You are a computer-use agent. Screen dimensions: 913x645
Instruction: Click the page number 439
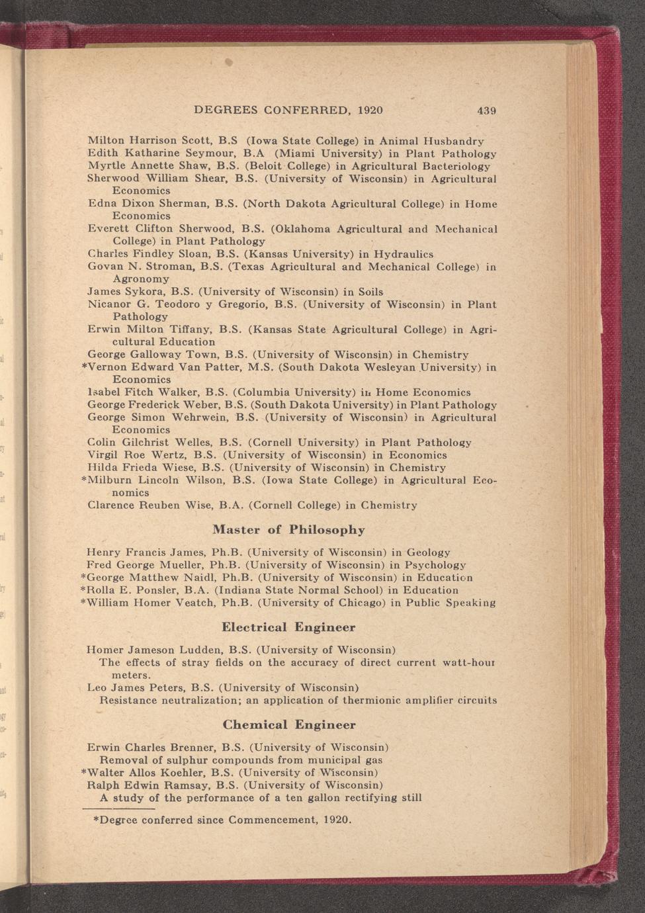pyautogui.click(x=486, y=110)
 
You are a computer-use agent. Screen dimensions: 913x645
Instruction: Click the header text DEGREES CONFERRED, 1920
pyautogui.click(x=288, y=110)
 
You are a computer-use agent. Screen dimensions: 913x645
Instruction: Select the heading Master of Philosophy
pyautogui.click(x=288, y=530)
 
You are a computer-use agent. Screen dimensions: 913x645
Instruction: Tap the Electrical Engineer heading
pyautogui.click(x=288, y=627)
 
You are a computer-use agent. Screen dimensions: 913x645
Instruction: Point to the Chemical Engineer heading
pyautogui.click(x=289, y=725)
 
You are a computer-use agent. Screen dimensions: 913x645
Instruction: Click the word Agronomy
pyautogui.click(x=141, y=279)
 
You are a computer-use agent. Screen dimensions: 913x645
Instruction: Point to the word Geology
pyautogui.click(x=428, y=552)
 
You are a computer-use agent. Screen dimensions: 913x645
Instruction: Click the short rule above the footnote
pyautogui.click(x=118, y=808)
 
